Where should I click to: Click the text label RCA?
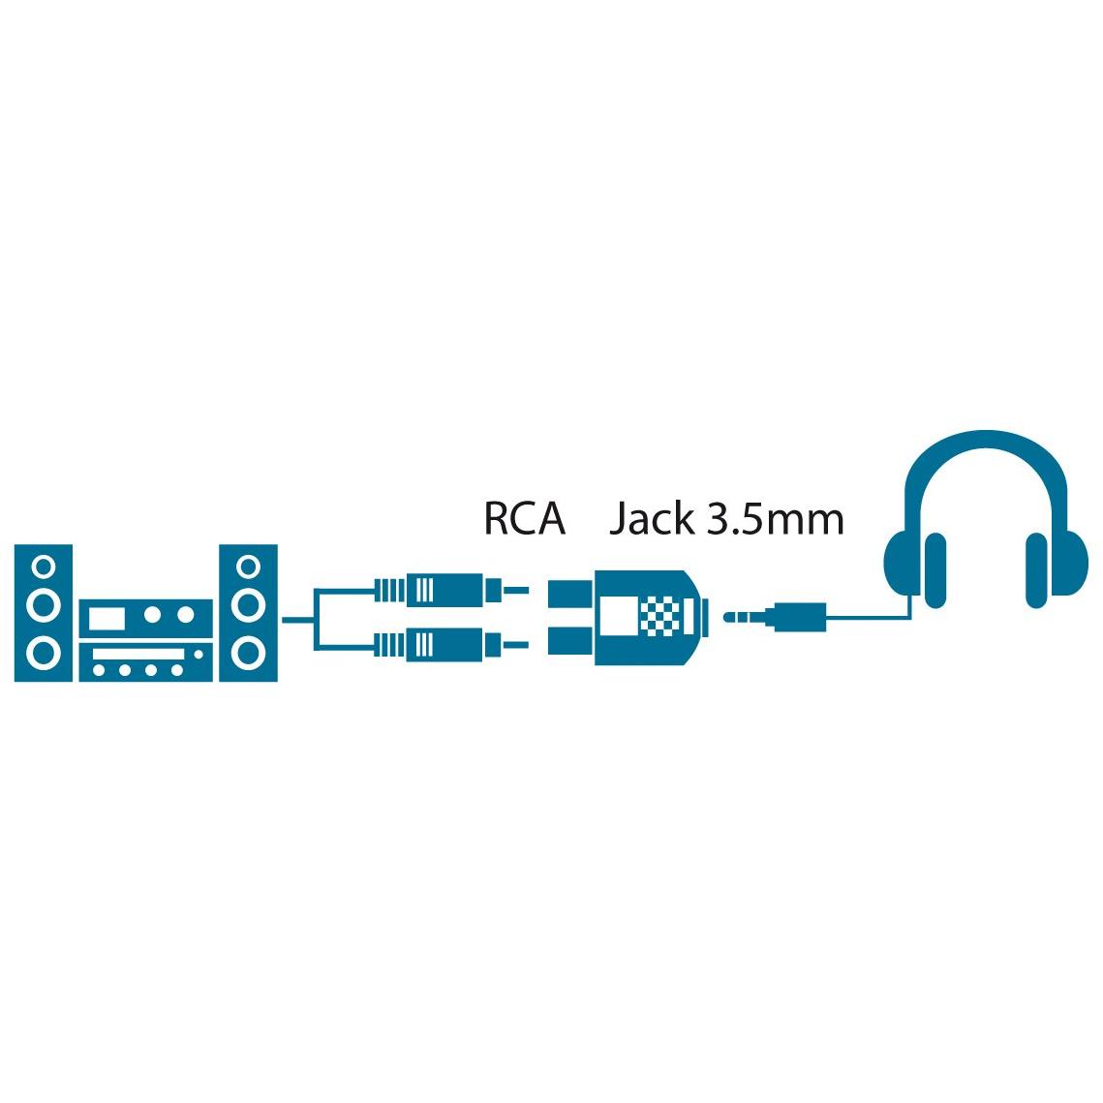tap(525, 518)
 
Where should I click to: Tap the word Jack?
tap(652, 518)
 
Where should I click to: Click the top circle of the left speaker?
tap(44, 567)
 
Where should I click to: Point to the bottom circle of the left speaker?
tap(44, 654)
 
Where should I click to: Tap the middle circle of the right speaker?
tap(248, 605)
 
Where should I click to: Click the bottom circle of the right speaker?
tap(248, 654)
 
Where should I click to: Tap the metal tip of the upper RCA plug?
tap(515, 590)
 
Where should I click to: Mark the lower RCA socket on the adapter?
tap(571, 640)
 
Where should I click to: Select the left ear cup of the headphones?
tap(913, 568)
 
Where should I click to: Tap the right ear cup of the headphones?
tap(1057, 568)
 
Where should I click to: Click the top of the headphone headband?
tap(986, 439)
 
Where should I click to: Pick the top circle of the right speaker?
tap(248, 567)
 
